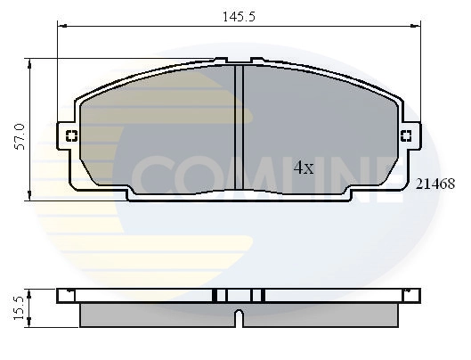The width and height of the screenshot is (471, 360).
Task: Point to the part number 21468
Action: [435, 184]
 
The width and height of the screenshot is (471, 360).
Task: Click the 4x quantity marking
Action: [304, 167]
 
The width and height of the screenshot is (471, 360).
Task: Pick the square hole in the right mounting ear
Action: [406, 136]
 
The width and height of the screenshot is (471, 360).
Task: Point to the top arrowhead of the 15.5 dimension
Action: [31, 290]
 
